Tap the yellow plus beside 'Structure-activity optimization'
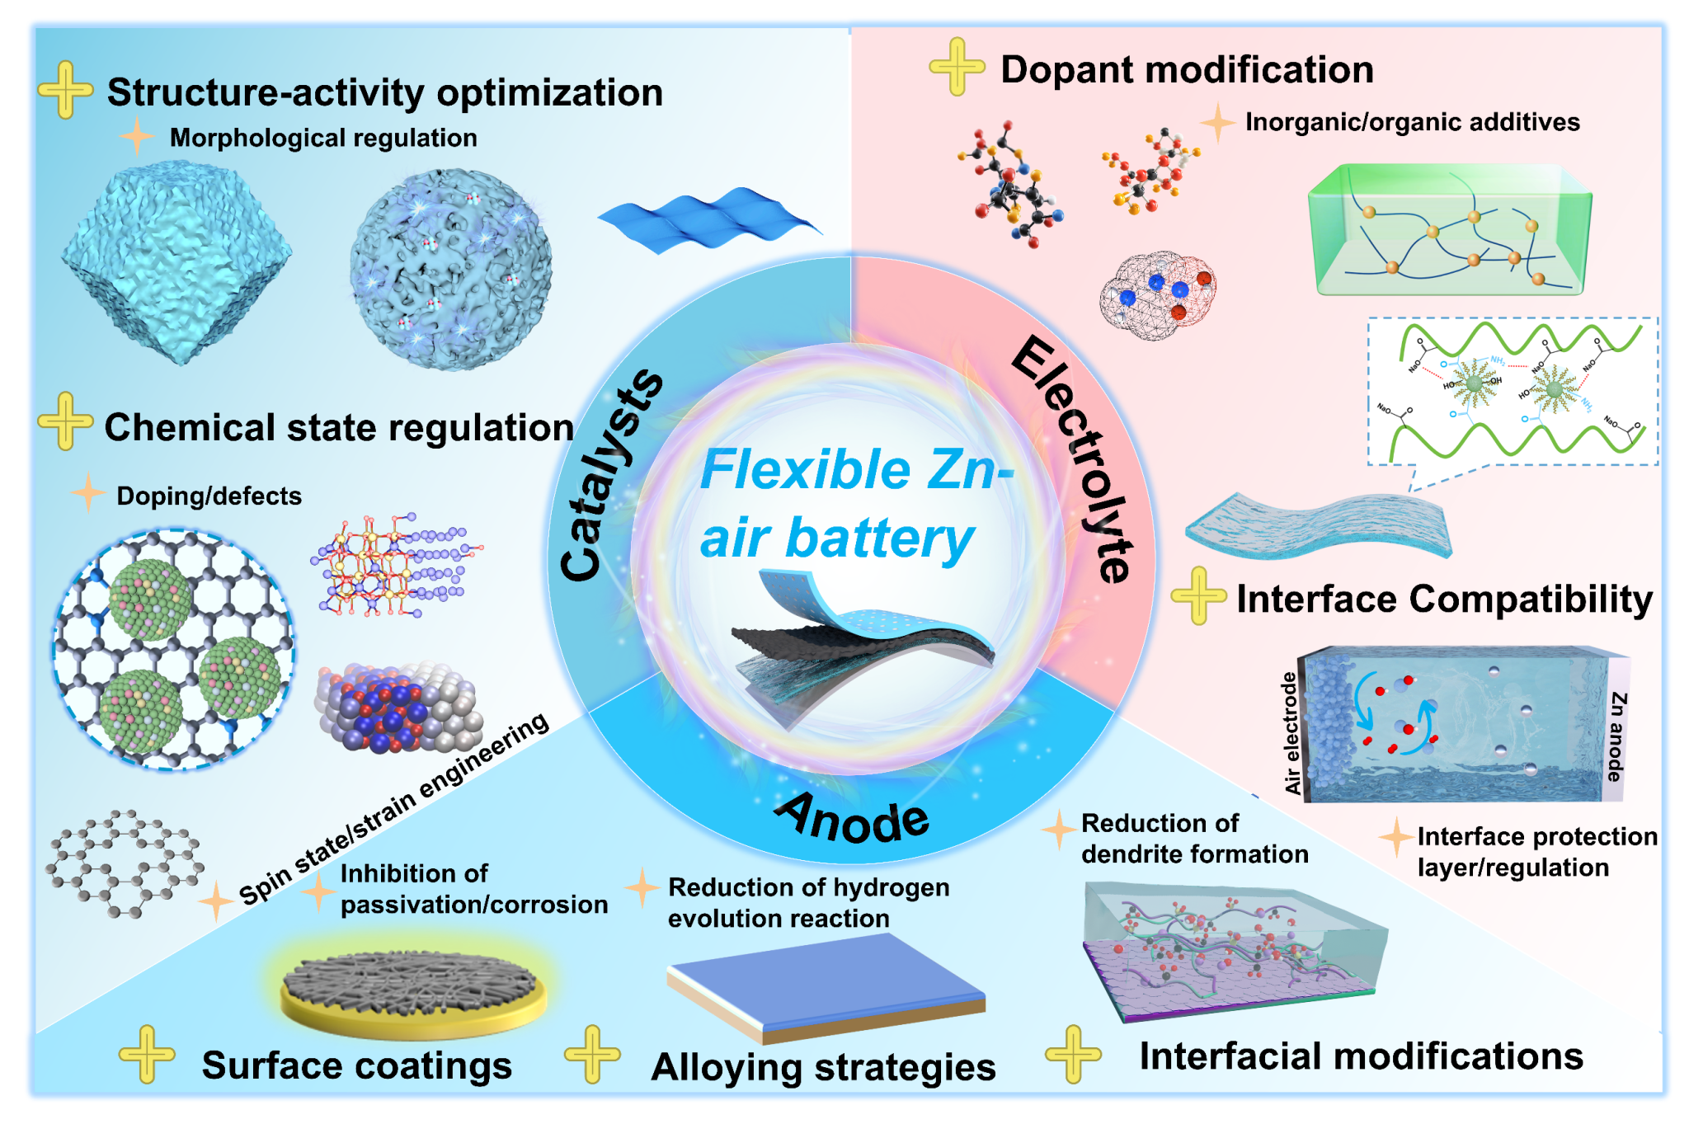[x=65, y=90]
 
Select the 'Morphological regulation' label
[x=323, y=138]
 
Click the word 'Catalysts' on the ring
[x=609, y=475]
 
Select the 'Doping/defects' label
[x=209, y=496]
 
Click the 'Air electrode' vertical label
[x=1291, y=733]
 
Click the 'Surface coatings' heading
[x=356, y=1065]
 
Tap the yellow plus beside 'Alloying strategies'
[x=591, y=1054]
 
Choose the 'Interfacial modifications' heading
[x=1361, y=1056]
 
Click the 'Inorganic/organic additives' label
[x=1412, y=122]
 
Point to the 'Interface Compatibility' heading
[x=1444, y=599]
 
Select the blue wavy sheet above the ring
[x=709, y=219]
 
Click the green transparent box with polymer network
[x=1449, y=229]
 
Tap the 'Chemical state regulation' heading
[x=339, y=427]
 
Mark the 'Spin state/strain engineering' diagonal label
[x=394, y=809]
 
